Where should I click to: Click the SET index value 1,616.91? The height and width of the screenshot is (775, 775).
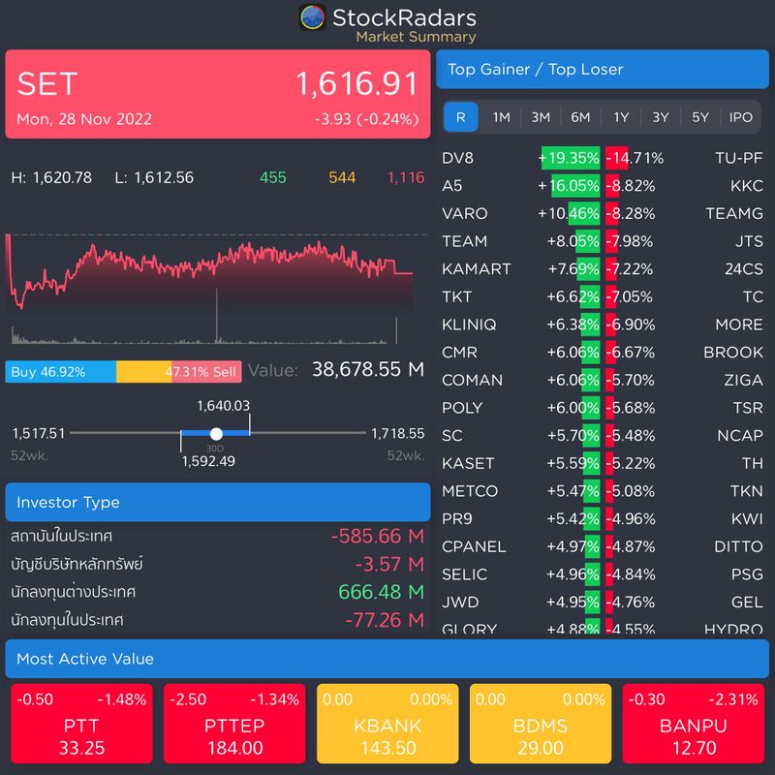coord(356,84)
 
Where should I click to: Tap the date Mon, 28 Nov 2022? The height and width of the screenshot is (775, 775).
coord(84,120)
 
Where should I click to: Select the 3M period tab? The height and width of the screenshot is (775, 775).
coord(541,117)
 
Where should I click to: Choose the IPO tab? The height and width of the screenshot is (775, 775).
coord(740,117)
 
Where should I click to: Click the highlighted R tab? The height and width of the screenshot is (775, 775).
coord(460,117)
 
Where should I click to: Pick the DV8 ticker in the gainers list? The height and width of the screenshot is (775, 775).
coord(458,158)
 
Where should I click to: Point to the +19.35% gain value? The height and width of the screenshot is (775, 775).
coord(569,158)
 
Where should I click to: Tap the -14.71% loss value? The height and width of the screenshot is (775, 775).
coord(635,158)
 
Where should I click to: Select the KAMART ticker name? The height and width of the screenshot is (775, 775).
coord(476,268)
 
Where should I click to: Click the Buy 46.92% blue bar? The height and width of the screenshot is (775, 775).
coord(60,372)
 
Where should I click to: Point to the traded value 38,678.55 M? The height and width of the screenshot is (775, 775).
coord(368,369)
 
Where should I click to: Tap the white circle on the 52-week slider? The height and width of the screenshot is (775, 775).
coord(216,434)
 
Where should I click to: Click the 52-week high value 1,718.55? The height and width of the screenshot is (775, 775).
coord(397,434)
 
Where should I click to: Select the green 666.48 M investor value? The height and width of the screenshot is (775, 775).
coord(381,591)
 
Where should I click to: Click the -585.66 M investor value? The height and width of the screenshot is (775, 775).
coord(377,536)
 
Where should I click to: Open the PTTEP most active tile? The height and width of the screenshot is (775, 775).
coord(234,726)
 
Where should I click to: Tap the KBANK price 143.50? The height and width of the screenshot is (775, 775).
coord(387,748)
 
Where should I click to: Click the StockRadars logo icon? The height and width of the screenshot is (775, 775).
coord(312,17)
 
